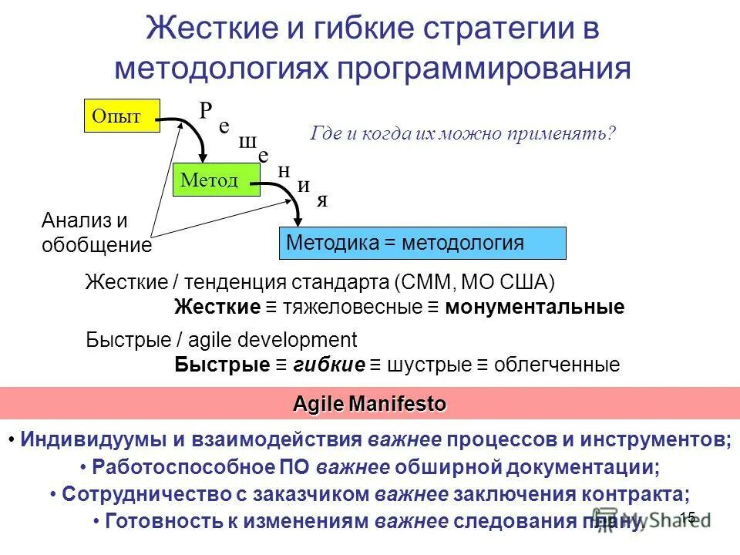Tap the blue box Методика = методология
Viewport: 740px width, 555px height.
(x=421, y=243)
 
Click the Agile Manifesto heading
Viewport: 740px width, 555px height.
(x=369, y=404)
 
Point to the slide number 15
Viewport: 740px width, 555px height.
(x=688, y=517)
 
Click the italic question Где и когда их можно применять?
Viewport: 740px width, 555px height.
(x=463, y=133)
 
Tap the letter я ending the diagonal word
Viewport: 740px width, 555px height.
(x=323, y=200)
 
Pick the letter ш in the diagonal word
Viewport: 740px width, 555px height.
(x=247, y=143)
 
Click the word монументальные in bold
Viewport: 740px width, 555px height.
(x=534, y=308)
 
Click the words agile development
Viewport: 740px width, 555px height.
(x=297, y=340)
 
